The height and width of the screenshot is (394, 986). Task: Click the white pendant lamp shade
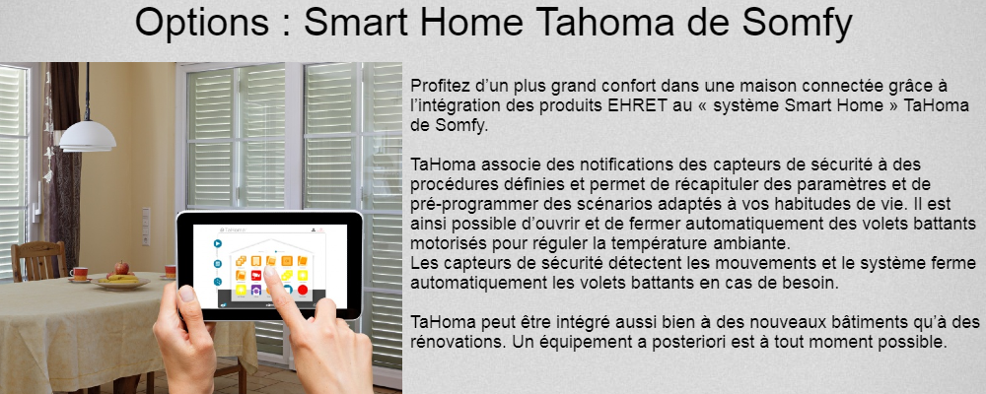88,136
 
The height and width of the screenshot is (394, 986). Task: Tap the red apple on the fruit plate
121,268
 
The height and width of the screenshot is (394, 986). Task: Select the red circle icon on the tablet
303,291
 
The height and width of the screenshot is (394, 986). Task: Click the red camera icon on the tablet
256,275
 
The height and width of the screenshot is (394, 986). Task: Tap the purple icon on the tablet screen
256,291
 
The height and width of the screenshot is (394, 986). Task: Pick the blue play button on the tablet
218,244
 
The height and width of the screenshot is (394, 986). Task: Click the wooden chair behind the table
39,260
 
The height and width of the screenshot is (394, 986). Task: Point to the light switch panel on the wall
146,227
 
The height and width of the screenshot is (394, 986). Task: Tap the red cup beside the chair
79,274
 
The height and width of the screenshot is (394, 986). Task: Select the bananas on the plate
121,278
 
